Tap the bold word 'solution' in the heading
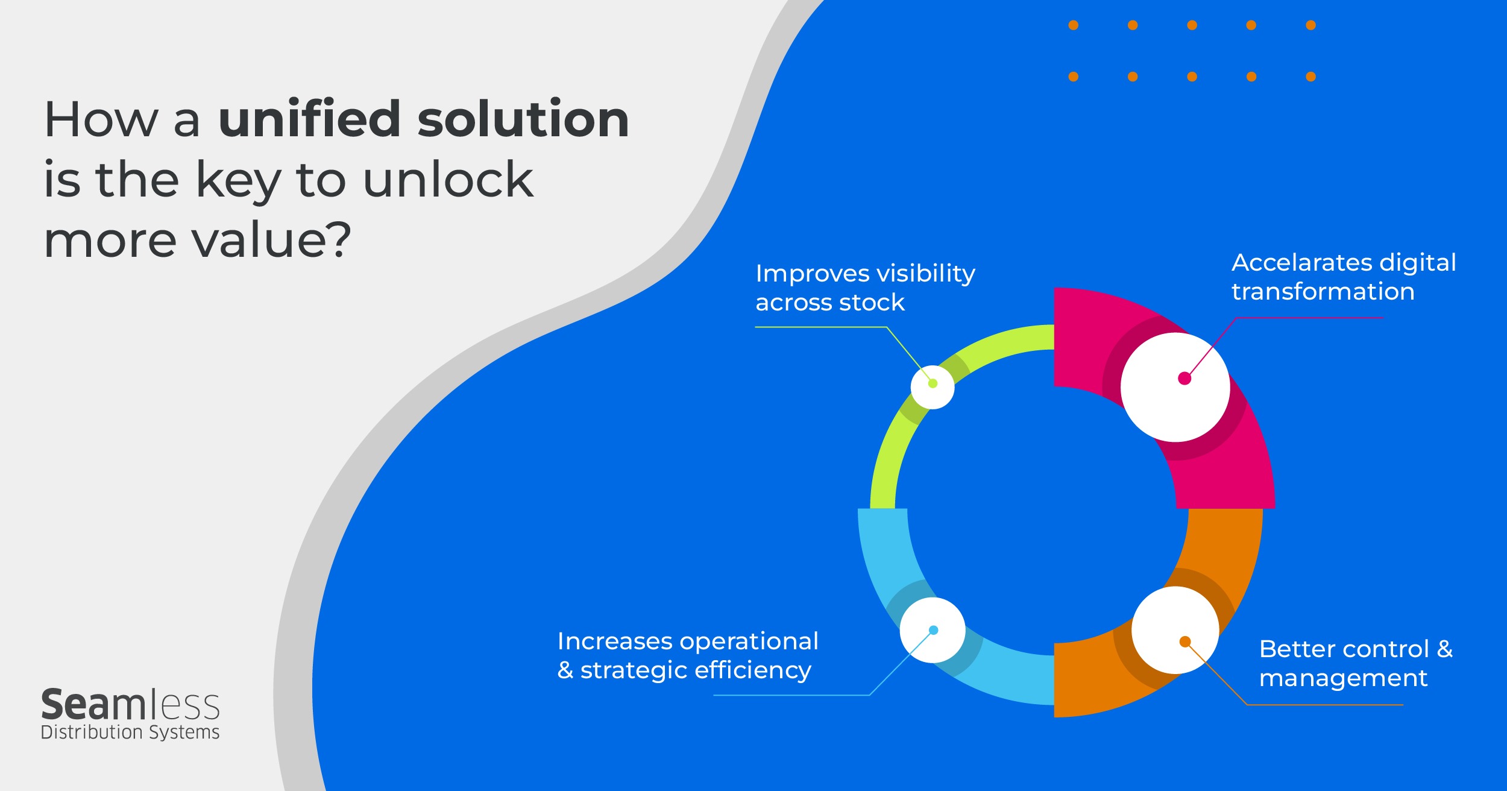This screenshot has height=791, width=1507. tap(523, 118)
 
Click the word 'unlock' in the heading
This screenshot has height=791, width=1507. tap(448, 179)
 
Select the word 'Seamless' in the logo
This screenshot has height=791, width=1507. tap(130, 705)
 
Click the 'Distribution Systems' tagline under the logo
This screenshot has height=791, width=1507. tap(130, 732)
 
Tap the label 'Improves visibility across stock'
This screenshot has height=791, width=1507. tap(865, 288)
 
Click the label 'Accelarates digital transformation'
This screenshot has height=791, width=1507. tap(1344, 277)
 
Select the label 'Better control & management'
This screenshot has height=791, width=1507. tap(1356, 663)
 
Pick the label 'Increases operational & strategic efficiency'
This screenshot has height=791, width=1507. tap(688, 655)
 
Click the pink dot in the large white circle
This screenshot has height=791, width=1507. tap(1185, 379)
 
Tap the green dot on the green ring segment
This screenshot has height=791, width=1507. tap(933, 383)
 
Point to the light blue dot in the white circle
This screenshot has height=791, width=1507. tap(934, 630)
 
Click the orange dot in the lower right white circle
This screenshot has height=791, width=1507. tap(1185, 641)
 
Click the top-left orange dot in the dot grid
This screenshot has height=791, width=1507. tap(1074, 25)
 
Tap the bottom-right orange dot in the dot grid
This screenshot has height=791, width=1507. tap(1311, 77)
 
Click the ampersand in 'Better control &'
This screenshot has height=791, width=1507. tap(1445, 649)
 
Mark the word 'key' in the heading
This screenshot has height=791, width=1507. tap(239, 181)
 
